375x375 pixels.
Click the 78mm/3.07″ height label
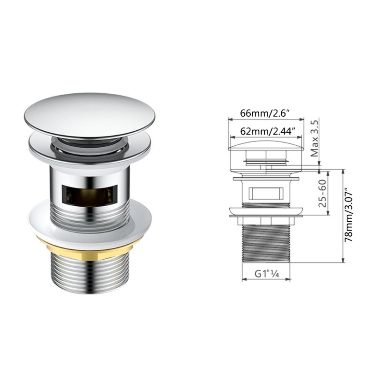pos(348,215)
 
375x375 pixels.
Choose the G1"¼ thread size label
pos(266,273)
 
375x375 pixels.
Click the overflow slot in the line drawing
pos(266,192)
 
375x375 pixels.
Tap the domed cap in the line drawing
pos(266,146)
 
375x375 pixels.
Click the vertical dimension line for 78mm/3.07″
pos(344,215)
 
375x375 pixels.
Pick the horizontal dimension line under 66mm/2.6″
pos(266,119)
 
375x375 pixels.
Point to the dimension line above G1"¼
pos(266,280)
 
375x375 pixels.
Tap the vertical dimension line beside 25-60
pos(328,193)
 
